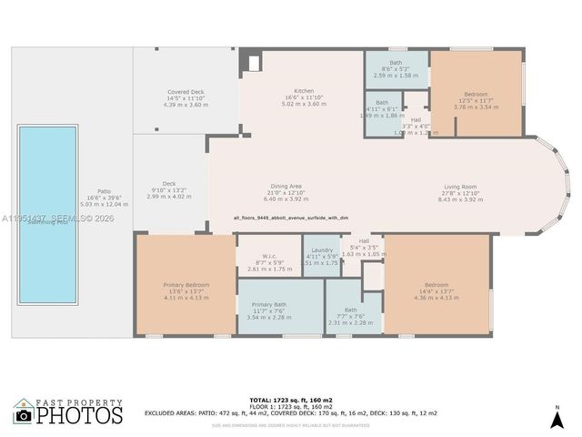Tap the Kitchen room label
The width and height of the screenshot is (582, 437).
click(x=304, y=91)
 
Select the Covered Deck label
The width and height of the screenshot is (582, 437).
click(x=186, y=92)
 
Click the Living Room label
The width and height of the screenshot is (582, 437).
click(x=461, y=186)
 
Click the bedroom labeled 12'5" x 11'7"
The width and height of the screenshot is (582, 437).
click(x=476, y=94)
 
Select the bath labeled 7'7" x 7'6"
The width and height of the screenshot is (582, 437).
click(x=350, y=310)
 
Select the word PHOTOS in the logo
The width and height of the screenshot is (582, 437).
click(x=80, y=416)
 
